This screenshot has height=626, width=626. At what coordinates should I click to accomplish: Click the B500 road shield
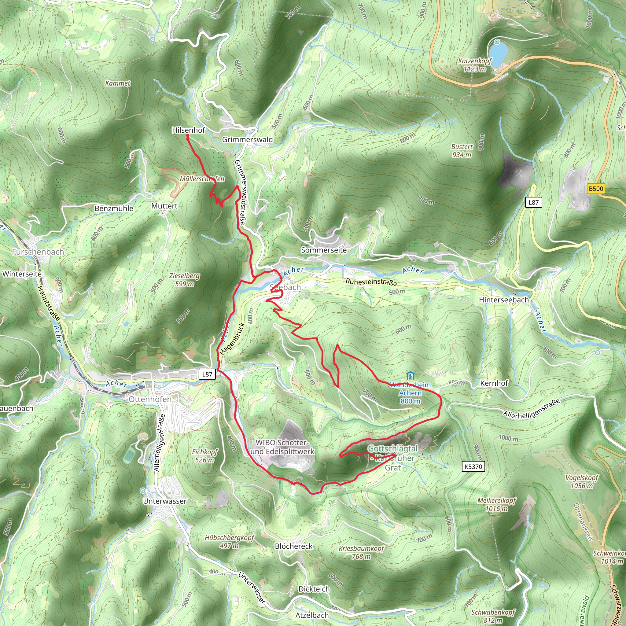tap(596, 189)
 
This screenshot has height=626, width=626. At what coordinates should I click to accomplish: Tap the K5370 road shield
tap(473, 466)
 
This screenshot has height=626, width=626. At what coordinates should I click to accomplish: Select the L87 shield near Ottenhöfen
tap(207, 374)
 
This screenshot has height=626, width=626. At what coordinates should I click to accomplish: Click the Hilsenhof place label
tap(188, 130)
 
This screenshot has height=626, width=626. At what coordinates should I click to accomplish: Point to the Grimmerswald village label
tap(247, 140)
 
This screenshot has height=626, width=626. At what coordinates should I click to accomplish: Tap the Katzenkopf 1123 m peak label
tap(475, 65)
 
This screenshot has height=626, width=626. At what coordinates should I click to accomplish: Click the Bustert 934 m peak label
tap(462, 151)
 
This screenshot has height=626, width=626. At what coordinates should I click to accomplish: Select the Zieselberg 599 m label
tap(184, 280)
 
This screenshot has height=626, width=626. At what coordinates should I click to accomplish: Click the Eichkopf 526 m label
tap(204, 455)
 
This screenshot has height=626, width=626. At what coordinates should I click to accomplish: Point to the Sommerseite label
tap(324, 250)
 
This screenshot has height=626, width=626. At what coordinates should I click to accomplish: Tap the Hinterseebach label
tap(504, 300)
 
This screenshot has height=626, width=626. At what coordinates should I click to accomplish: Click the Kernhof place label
tap(494, 383)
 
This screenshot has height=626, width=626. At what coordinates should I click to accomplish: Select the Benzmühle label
tap(114, 208)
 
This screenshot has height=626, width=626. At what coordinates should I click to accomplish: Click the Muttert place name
tap(164, 206)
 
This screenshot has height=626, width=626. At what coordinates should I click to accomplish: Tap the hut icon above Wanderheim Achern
tap(410, 376)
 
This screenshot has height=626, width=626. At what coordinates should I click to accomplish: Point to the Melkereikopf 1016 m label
tap(496, 504)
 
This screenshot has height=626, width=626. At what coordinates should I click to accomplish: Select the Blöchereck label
tap(293, 546)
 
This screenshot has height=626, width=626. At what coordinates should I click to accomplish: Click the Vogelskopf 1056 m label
tap(582, 481)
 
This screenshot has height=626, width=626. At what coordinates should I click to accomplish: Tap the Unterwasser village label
tap(165, 501)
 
